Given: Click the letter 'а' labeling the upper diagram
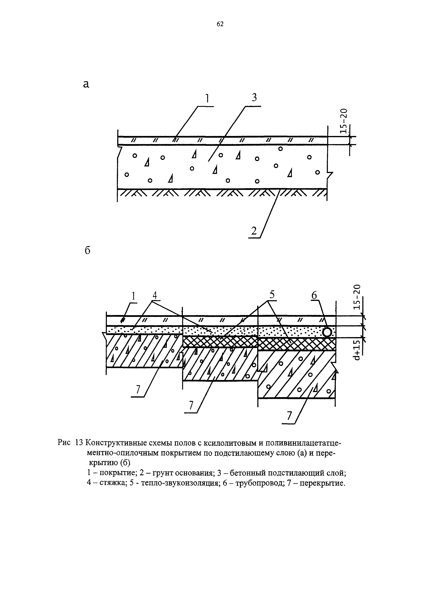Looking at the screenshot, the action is (x=86, y=84).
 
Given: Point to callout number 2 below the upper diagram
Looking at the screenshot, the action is (x=254, y=231).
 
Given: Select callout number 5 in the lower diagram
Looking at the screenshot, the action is (x=272, y=295).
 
